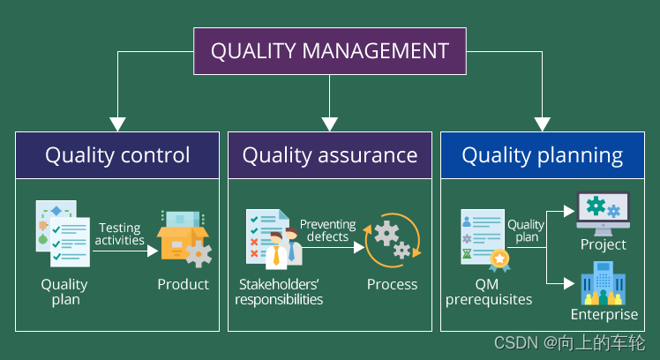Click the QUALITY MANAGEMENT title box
coord(329,50)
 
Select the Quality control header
coord(117,155)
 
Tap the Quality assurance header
coord(329,155)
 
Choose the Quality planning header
coord(542,155)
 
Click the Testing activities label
coord(120,235)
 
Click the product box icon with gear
coord(184,240)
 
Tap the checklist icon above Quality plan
coord(63,234)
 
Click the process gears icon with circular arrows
coord(392,239)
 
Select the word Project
coord(604,244)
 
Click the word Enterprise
coord(604,315)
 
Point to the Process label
coord(392,284)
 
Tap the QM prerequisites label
coord(489,291)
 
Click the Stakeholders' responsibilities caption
coord(279,291)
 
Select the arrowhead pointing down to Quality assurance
coord(329,124)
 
